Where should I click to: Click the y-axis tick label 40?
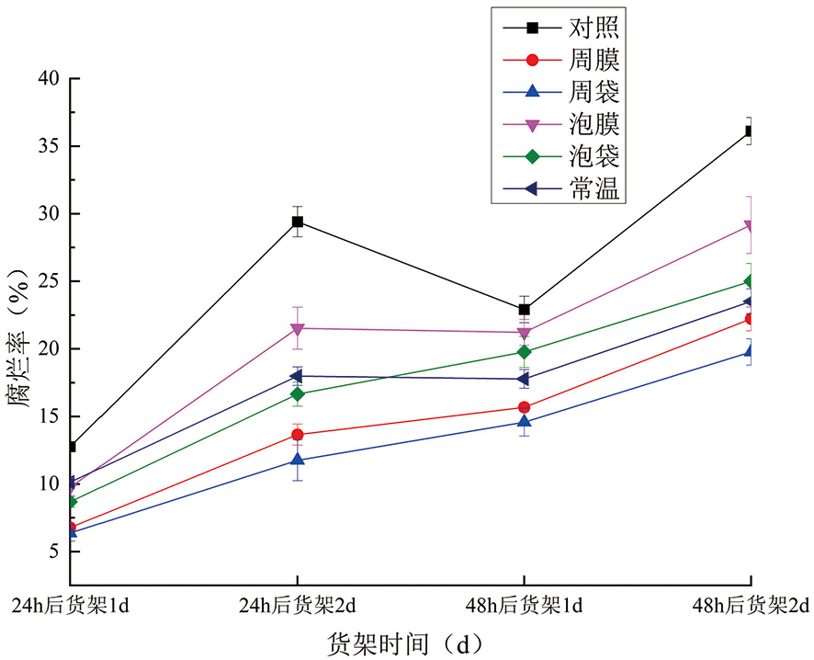pos(48,79)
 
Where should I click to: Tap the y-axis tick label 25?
pos(48,281)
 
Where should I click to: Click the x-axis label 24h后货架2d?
pos(297,607)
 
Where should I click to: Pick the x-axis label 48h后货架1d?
pos(524,607)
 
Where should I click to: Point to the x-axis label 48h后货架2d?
pos(752,607)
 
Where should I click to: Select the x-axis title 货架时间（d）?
pos(405,643)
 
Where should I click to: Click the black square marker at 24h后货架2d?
pos(298,222)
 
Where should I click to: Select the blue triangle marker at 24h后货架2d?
pos(298,460)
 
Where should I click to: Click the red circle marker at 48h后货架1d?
pos(524,407)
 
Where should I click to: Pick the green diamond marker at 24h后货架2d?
pos(298,394)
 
